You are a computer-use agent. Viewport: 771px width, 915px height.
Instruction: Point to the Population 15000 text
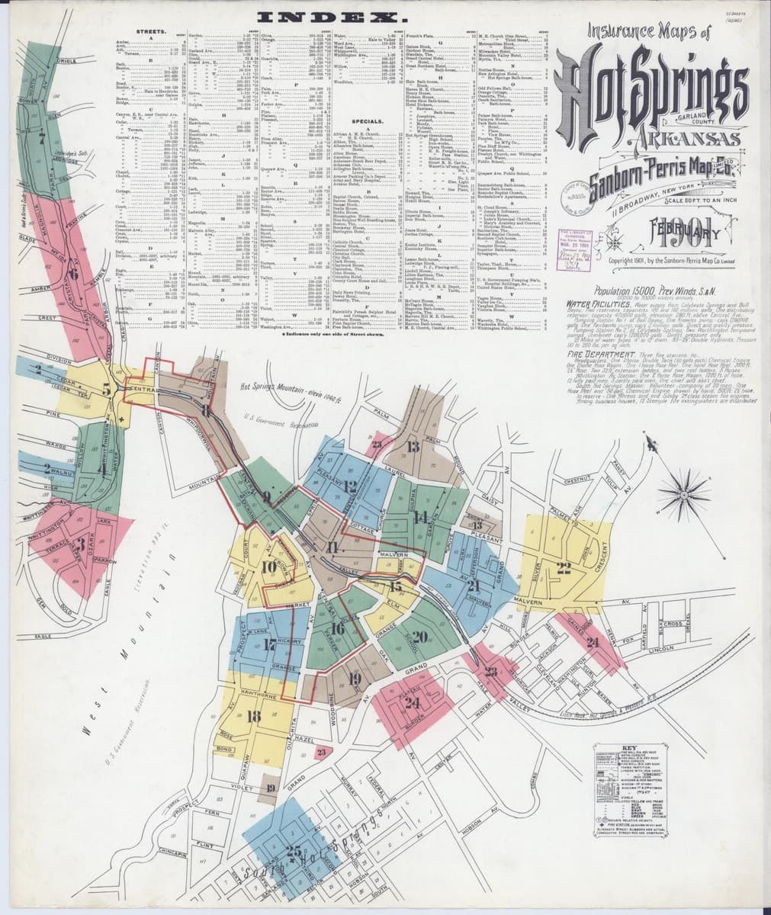click(610, 291)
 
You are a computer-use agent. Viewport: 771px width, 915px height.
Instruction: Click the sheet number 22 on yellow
click(564, 567)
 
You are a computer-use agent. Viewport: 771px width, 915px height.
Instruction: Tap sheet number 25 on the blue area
click(293, 851)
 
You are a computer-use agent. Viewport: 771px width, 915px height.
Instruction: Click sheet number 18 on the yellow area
click(254, 716)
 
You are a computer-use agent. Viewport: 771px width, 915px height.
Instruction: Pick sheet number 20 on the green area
click(419, 637)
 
